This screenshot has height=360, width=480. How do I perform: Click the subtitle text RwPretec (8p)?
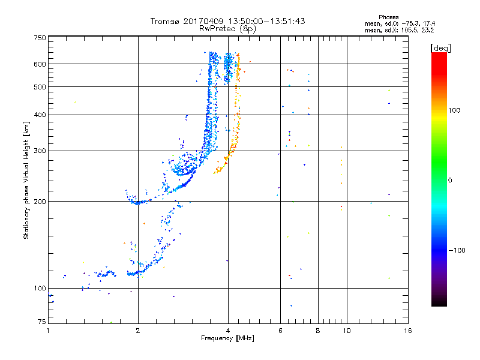pos(228,28)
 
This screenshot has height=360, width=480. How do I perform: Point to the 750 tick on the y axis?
pos(40,38)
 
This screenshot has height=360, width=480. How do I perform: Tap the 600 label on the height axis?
pos(40,64)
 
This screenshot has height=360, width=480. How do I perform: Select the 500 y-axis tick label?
pos(40,87)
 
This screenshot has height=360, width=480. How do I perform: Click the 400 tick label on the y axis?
pos(40,115)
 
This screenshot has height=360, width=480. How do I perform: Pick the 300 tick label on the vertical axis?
pos(40,151)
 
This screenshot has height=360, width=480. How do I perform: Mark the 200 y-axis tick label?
pos(40,201)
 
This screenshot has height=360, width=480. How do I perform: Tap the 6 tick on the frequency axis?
pos(280,331)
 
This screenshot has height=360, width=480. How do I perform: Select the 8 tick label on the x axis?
pos(318,331)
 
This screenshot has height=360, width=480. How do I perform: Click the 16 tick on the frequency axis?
pos(407,331)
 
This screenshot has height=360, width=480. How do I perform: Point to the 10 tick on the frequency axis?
pos(346,331)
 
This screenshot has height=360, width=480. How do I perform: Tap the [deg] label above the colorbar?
pos(441,47)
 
